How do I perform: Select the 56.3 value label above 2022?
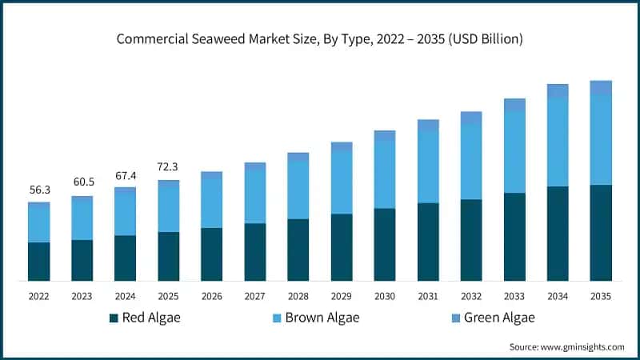tap(39, 190)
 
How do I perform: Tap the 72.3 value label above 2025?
tap(169, 167)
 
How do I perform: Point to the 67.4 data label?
tap(126, 175)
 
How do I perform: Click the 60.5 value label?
tap(82, 184)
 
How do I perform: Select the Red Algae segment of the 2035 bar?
tap(601, 232)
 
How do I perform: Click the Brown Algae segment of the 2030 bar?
tap(385, 174)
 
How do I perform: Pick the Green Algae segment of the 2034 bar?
tap(558, 91)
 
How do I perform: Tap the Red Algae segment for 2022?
tap(39, 261)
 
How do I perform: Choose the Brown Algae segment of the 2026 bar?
tap(212, 200)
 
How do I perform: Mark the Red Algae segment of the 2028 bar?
tap(298, 249)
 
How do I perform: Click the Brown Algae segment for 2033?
tap(514, 152)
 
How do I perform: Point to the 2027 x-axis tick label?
tap(255, 296)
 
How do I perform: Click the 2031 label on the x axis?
tap(428, 296)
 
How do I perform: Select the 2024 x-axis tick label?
tap(126, 296)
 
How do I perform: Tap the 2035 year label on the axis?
tap(601, 296)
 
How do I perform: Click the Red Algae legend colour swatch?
tap(114, 318)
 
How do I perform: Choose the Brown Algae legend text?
tap(323, 318)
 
